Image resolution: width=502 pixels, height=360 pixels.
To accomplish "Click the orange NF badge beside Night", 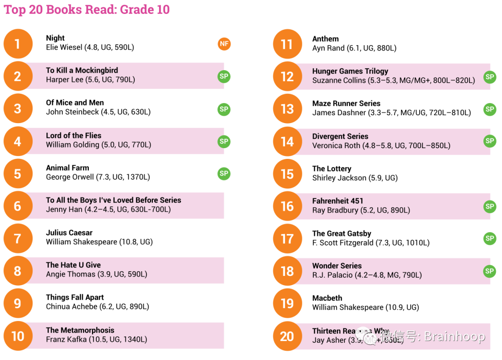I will click(x=224, y=44).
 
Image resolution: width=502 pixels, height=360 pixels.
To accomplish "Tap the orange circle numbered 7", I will click(x=18, y=238).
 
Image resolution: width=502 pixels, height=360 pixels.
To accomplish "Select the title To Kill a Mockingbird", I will click(x=82, y=70).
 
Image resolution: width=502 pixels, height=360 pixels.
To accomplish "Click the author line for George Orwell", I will click(x=98, y=177).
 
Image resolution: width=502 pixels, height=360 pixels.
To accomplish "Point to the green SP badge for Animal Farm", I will click(x=224, y=174).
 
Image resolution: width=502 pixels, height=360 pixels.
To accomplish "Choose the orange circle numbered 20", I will click(x=287, y=336).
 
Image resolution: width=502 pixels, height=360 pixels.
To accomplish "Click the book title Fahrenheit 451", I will click(x=337, y=201).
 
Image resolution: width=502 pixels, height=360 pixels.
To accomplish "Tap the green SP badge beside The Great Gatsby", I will click(x=489, y=238).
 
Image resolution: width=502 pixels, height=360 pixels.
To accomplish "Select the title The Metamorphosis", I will click(x=80, y=330).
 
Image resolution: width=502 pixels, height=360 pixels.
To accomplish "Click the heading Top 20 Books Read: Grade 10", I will click(x=87, y=10).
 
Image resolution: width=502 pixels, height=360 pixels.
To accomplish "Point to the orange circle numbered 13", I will click(x=287, y=109).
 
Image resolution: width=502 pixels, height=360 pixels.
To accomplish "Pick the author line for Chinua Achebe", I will click(x=97, y=307).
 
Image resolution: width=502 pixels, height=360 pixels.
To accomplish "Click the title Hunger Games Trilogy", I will click(x=350, y=71).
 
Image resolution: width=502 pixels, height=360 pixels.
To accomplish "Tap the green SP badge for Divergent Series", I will click(x=489, y=141).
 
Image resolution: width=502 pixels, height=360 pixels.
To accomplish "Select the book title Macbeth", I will click(x=327, y=298).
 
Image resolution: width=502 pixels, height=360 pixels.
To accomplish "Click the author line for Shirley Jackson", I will click(x=355, y=178).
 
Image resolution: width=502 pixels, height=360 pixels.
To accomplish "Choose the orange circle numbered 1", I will click(x=18, y=44).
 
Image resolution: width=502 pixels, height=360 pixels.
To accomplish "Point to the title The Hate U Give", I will click(x=73, y=265).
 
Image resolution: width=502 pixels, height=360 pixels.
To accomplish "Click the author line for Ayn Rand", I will click(x=354, y=48).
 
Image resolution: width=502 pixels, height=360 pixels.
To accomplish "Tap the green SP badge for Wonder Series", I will click(x=489, y=271).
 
